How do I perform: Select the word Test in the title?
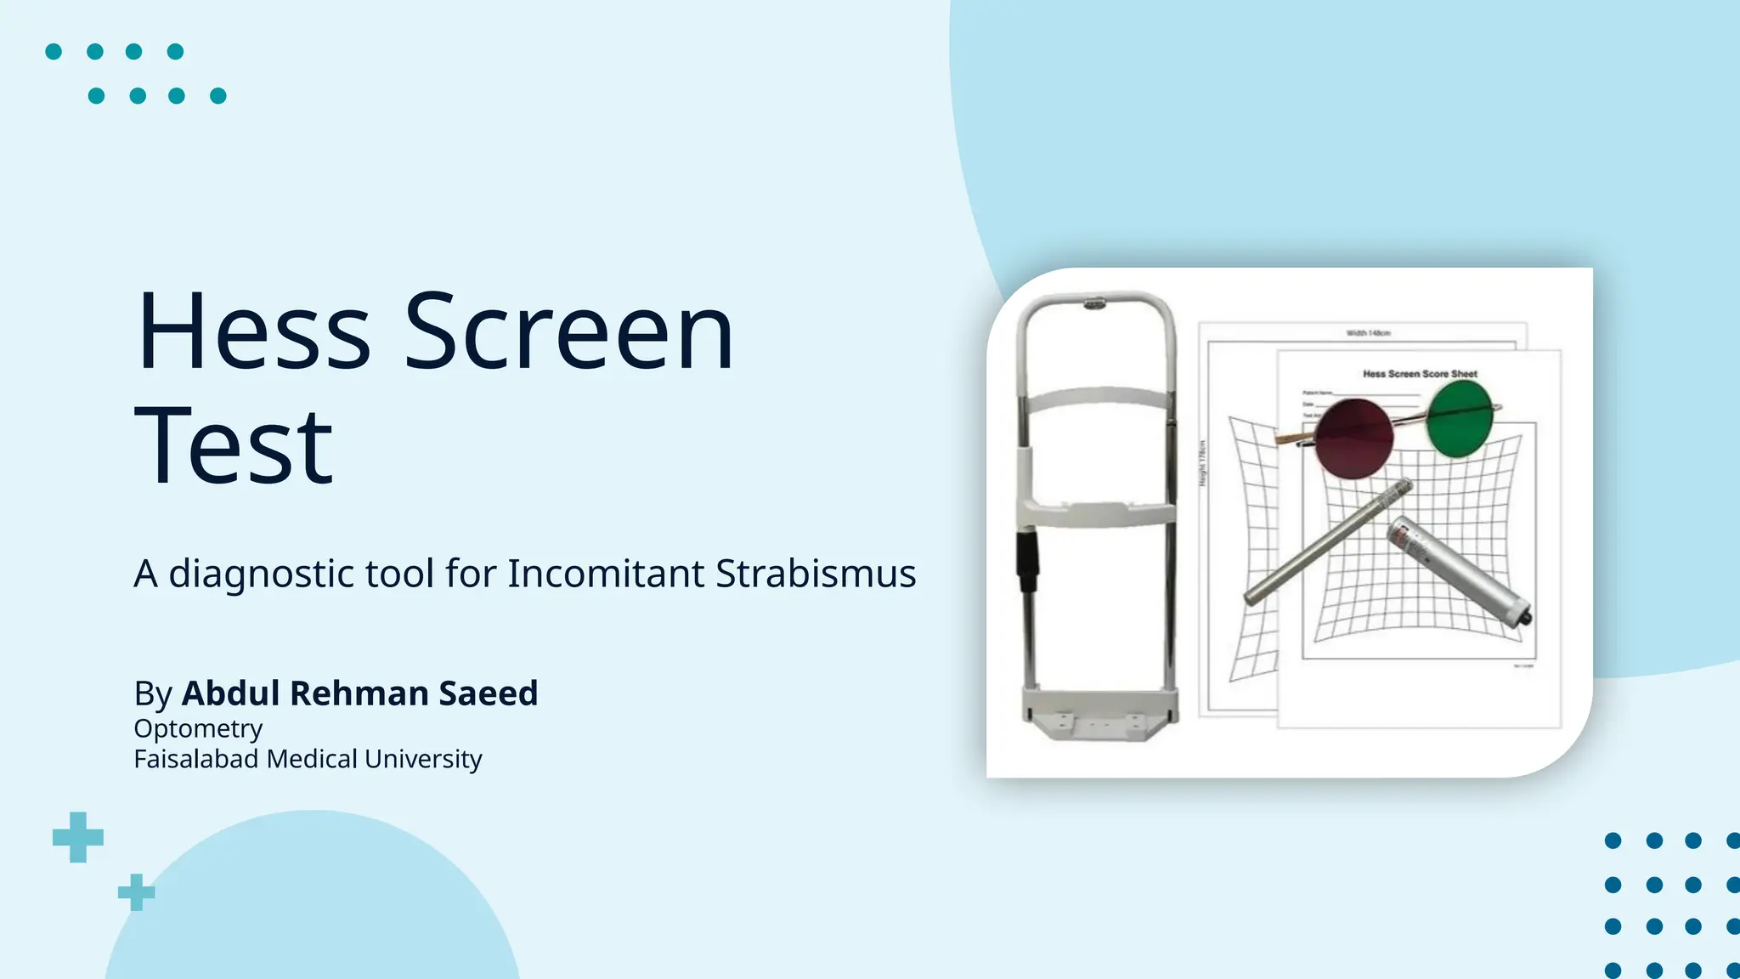pos(234,446)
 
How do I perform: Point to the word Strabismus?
pos(816,574)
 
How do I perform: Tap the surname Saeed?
pos(488,693)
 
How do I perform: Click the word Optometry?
pos(198,729)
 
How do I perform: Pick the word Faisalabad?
pos(195,759)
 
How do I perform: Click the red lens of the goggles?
pos(1353,439)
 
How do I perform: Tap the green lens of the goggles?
pos(1460,418)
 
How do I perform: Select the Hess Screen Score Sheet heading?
pos(1420,374)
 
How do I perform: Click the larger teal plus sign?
pos(78,837)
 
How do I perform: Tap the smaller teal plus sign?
pos(136,892)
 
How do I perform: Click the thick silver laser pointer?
pos(1458,574)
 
